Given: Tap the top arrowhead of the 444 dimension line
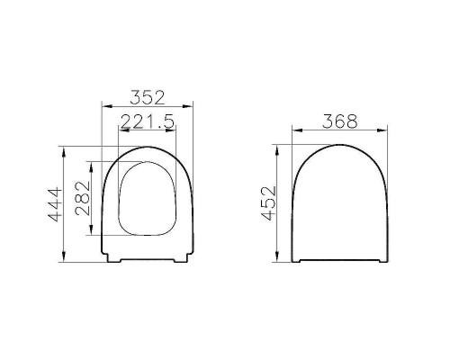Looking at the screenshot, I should tap(65, 146).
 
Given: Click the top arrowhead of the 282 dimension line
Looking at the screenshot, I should tap(91, 163).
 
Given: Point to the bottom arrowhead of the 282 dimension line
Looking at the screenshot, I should tap(91, 235).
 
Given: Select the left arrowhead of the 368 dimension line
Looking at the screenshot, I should tap(292, 131).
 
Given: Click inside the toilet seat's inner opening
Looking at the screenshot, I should tap(148, 198).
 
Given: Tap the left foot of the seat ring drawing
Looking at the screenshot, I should tap(113, 260).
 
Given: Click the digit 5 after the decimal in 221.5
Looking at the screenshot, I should tap(168, 121).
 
